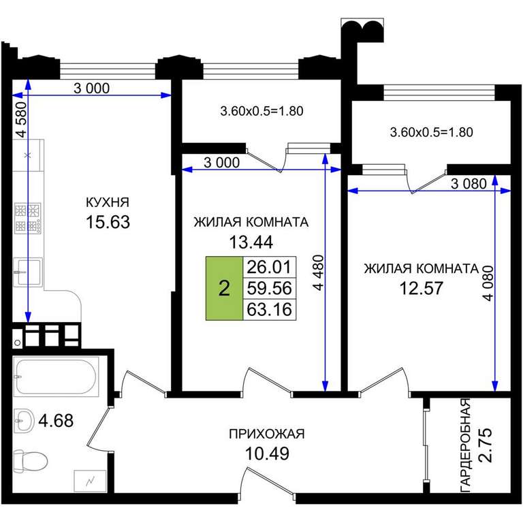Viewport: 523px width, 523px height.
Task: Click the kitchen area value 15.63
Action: point(108,222)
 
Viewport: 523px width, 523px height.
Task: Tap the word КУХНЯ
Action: point(108,202)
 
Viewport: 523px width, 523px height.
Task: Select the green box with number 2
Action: point(224,288)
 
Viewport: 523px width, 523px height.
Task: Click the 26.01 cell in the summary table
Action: point(269,267)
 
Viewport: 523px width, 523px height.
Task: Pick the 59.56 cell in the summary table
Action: point(269,288)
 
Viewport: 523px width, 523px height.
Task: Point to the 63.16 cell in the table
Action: point(269,309)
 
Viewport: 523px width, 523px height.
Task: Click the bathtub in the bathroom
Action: point(56,377)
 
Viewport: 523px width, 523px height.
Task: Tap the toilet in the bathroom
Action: point(30,460)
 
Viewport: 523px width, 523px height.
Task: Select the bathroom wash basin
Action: point(24,421)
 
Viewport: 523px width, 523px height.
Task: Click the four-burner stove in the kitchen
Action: point(28,218)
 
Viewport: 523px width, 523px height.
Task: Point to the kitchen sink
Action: point(28,272)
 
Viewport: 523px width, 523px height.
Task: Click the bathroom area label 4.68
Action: point(56,420)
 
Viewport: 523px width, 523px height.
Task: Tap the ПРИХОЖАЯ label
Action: point(267,434)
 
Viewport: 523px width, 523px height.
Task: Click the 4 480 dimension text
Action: point(319,272)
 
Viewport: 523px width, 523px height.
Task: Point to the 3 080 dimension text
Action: point(469,183)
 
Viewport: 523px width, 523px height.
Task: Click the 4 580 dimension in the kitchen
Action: point(20,119)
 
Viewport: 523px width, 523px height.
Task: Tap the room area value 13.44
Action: point(251,242)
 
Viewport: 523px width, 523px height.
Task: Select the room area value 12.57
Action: point(422,288)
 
